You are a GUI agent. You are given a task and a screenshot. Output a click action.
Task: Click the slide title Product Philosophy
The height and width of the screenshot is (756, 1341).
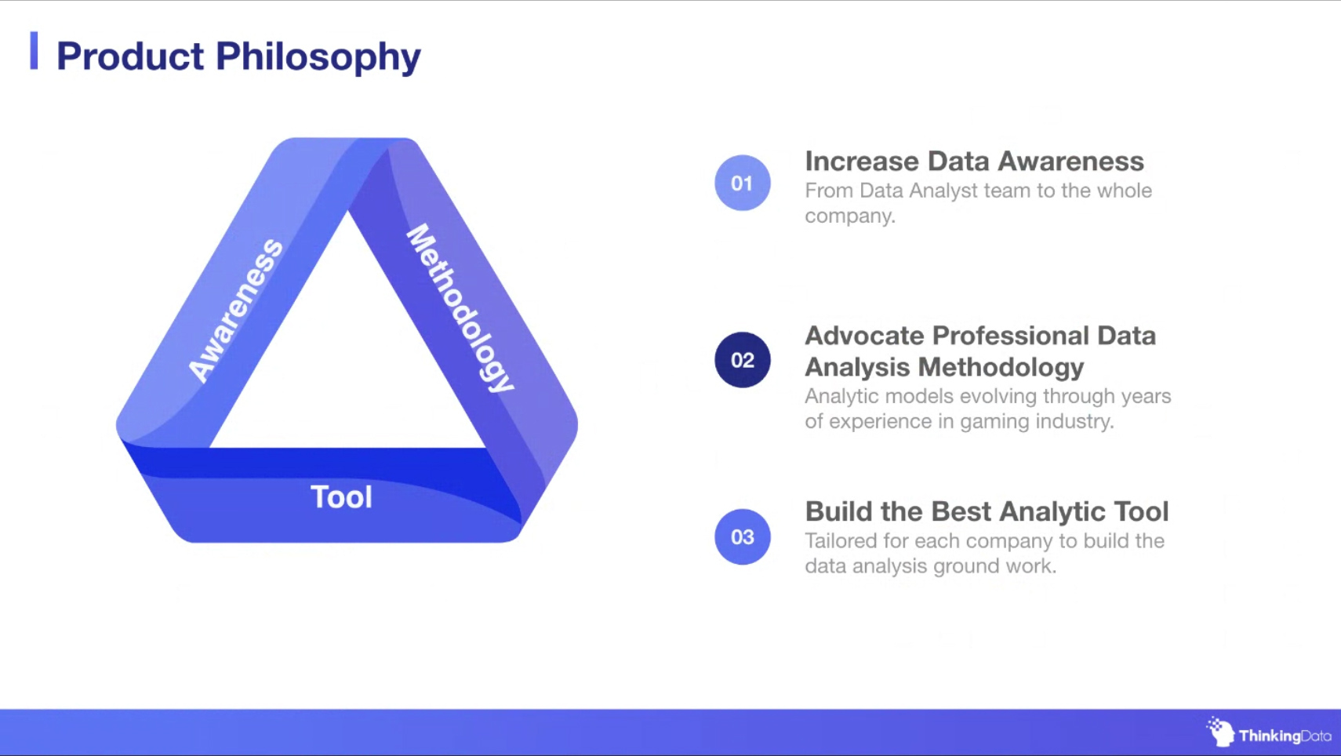pyautogui.click(x=238, y=57)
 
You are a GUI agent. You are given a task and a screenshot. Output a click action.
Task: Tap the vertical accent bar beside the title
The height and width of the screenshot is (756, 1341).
pyautogui.click(x=35, y=51)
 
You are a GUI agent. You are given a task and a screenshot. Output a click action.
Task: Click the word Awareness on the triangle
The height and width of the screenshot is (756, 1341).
pyautogui.click(x=235, y=310)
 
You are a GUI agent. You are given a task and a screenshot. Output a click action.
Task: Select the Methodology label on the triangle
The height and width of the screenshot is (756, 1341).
pyautogui.click(x=460, y=308)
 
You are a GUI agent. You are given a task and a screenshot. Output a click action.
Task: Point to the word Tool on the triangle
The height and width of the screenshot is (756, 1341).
pyautogui.click(x=341, y=497)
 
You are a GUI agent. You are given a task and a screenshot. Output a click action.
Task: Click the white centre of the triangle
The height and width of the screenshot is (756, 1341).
pyautogui.click(x=347, y=359)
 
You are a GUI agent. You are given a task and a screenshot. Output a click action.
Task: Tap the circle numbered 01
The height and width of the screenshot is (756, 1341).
pyautogui.click(x=743, y=183)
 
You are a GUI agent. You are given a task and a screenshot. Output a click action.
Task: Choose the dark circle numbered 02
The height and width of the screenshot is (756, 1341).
pyautogui.click(x=743, y=360)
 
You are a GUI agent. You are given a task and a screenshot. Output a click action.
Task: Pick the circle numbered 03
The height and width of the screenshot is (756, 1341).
pyautogui.click(x=743, y=537)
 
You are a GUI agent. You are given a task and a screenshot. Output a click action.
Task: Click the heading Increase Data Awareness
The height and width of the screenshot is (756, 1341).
pyautogui.click(x=974, y=161)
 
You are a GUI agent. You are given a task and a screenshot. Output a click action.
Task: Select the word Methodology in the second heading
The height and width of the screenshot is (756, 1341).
pyautogui.click(x=1001, y=368)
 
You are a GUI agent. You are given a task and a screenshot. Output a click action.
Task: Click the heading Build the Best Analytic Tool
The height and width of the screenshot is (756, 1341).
pyautogui.click(x=987, y=512)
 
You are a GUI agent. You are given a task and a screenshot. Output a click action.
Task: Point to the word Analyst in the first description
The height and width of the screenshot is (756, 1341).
pyautogui.click(x=944, y=191)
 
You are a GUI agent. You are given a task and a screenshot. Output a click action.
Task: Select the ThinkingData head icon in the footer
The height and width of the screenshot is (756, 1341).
pyautogui.click(x=1220, y=732)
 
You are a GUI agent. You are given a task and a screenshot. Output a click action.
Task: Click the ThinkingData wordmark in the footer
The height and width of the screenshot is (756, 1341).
pyautogui.click(x=1285, y=736)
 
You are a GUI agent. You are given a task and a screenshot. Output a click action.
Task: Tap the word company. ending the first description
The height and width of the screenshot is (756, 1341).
pyautogui.click(x=850, y=216)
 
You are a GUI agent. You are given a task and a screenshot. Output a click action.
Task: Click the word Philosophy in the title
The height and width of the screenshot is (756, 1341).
pyautogui.click(x=318, y=57)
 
